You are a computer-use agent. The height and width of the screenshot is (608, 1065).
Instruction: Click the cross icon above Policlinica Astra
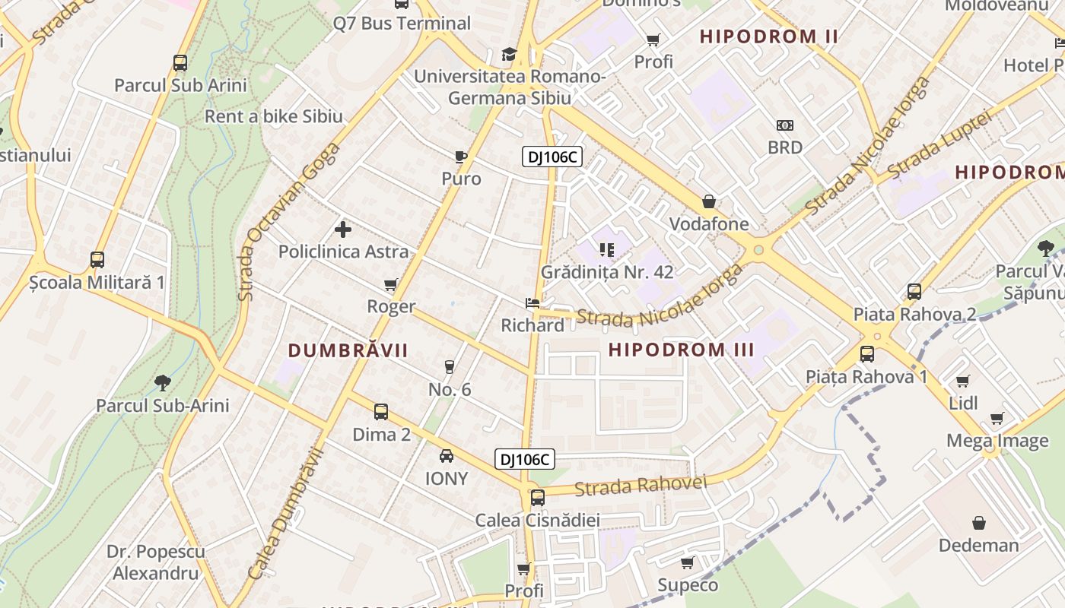[x=343, y=229]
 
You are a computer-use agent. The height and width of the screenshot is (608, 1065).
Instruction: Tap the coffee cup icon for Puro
[x=460, y=157]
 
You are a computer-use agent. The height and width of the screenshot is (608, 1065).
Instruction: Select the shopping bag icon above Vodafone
[x=709, y=201]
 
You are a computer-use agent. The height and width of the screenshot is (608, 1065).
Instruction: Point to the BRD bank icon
[x=785, y=125]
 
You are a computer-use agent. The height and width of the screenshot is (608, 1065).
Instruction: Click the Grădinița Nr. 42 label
[x=607, y=271]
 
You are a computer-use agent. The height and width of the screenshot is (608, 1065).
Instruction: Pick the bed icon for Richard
[x=532, y=303]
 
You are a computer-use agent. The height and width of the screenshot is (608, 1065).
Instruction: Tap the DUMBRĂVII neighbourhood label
[x=348, y=350]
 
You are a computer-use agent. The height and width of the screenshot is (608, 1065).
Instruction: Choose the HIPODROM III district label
[x=682, y=350]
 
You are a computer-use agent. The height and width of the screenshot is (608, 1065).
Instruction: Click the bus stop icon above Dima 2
[x=381, y=412]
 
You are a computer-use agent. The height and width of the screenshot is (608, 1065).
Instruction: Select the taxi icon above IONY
[x=447, y=456]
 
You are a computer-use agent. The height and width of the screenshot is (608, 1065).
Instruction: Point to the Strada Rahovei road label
[x=641, y=486]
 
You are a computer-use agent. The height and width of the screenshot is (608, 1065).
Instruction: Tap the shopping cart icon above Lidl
[x=963, y=381]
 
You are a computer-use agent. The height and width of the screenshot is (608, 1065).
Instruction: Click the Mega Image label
[x=997, y=441]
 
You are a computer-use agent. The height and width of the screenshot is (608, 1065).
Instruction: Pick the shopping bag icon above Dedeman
[x=979, y=523]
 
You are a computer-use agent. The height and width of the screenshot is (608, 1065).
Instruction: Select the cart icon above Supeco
[x=688, y=563]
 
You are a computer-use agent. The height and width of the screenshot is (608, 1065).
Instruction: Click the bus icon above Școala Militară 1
[x=97, y=260]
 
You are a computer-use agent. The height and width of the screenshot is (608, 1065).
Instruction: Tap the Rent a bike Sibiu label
[x=274, y=116]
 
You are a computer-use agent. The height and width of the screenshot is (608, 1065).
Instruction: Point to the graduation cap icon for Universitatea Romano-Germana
[x=509, y=55]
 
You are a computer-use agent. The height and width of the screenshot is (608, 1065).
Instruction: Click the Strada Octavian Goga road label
[x=281, y=220]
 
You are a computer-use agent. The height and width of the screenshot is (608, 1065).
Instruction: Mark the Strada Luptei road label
[x=939, y=144]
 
